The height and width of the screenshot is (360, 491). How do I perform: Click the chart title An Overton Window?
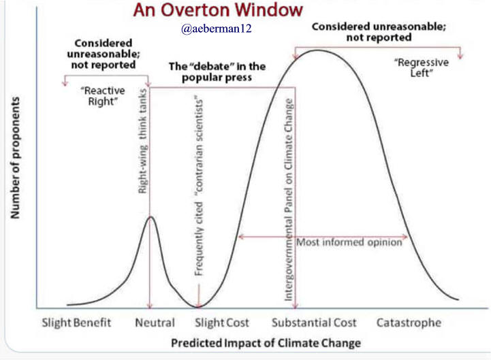[x=218, y=10]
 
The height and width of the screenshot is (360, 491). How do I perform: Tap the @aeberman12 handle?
[x=216, y=29]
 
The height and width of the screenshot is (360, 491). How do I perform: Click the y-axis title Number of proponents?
[x=15, y=157]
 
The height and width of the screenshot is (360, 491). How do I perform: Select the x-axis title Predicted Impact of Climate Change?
[x=266, y=343]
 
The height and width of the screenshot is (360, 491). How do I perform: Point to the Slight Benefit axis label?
[x=76, y=323]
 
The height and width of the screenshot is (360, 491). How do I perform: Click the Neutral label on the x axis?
[x=155, y=323]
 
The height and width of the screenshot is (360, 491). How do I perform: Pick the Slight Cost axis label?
[x=222, y=323]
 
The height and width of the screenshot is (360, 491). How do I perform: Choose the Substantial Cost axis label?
[x=314, y=323]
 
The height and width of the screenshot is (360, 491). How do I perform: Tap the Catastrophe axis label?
[x=409, y=323]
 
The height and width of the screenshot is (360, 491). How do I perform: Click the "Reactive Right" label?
[x=103, y=96]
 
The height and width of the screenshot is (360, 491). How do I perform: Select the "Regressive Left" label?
[x=422, y=67]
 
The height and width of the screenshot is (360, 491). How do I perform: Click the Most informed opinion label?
[x=349, y=242]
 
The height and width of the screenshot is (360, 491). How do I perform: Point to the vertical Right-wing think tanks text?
[x=142, y=141]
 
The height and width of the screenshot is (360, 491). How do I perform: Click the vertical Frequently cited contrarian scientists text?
[x=199, y=187]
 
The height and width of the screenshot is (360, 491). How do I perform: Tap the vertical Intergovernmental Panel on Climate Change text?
[x=288, y=199]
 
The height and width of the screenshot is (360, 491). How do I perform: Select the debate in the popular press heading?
[x=217, y=71]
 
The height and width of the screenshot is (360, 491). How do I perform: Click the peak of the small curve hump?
[x=151, y=216]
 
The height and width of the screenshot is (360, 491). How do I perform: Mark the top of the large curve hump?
[x=317, y=50]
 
